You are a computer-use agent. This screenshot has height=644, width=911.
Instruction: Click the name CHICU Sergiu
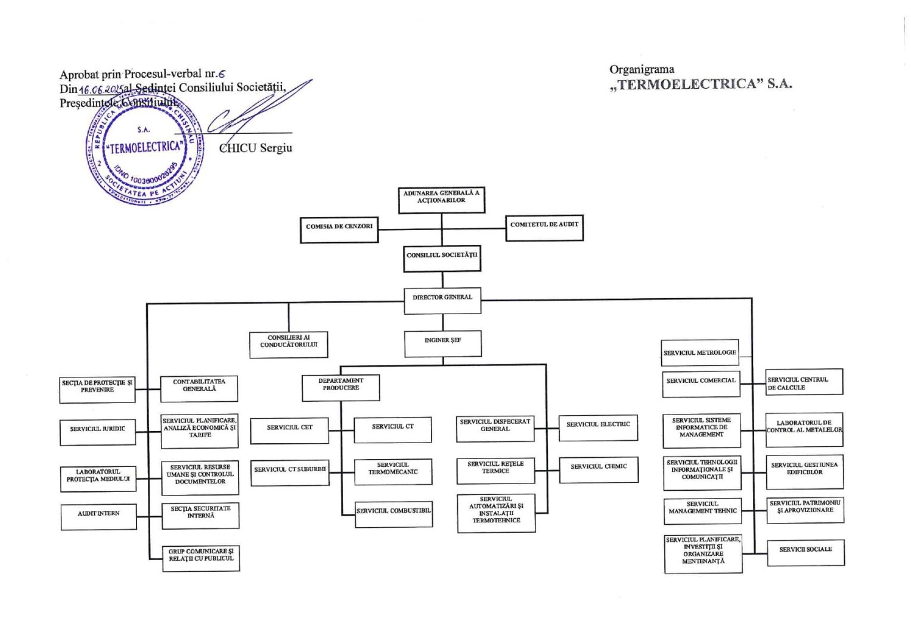256,148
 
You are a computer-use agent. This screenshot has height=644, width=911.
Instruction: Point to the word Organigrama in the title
642,69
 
